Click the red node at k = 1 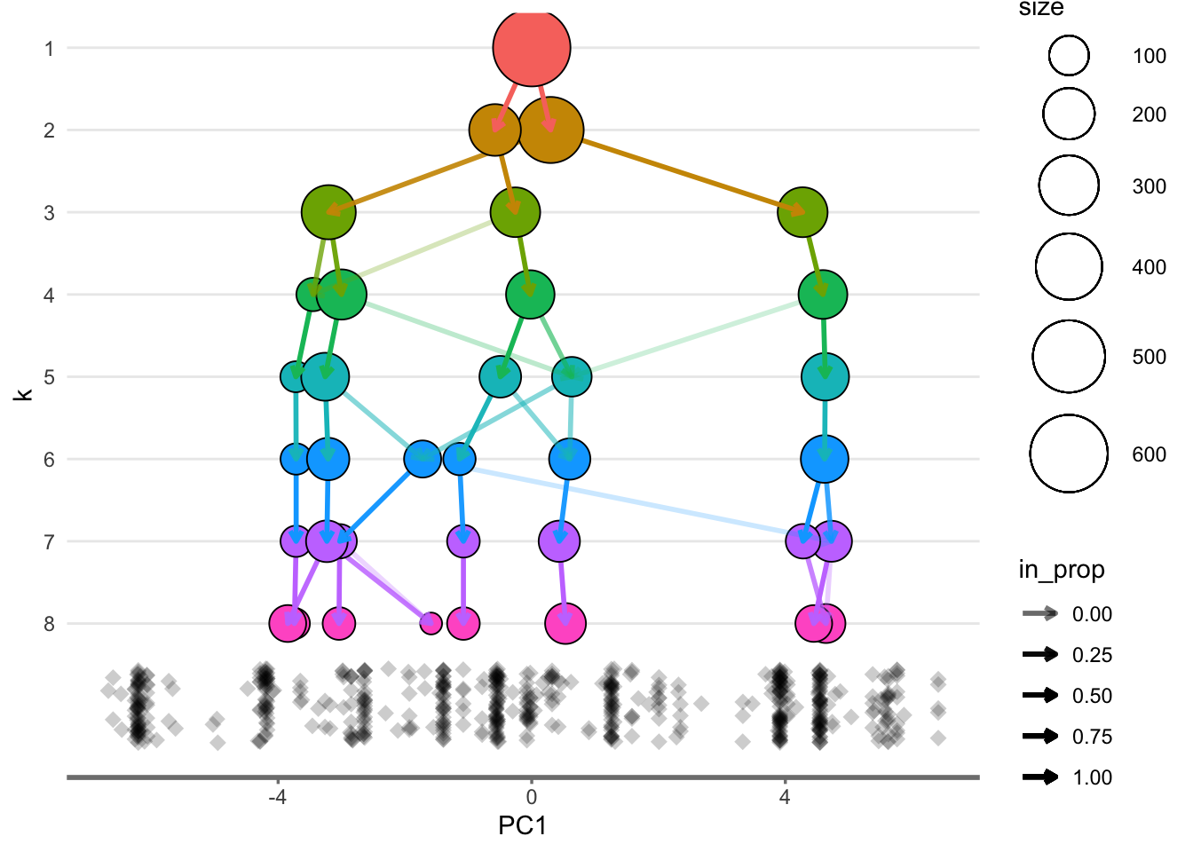click(532, 48)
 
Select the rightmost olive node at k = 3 click(802, 212)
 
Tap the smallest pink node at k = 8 click(431, 622)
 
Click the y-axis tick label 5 click(49, 377)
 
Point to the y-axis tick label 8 click(49, 624)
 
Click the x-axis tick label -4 click(277, 797)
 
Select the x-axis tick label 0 click(531, 797)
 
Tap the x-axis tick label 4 click(785, 797)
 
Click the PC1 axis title click(522, 826)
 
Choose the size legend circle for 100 click(1069, 56)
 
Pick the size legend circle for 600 click(1069, 454)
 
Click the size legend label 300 click(1149, 186)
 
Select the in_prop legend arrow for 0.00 click(1040, 613)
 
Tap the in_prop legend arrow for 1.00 click(1040, 777)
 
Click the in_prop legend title click(1061, 570)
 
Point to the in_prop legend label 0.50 click(1092, 696)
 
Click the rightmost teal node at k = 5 click(825, 376)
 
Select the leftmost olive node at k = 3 click(328, 212)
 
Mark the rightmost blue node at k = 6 click(825, 459)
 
